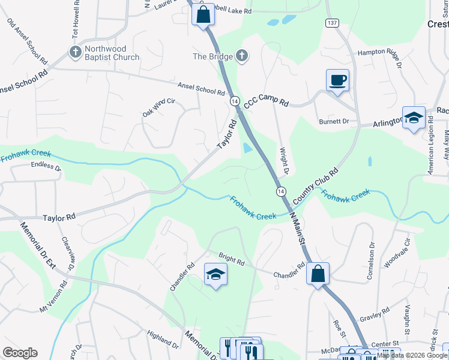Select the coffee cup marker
(337, 80)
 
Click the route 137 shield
(332, 22)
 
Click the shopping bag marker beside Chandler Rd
(318, 274)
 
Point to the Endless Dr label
(46, 165)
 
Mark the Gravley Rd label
(375, 314)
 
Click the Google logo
(20, 353)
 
